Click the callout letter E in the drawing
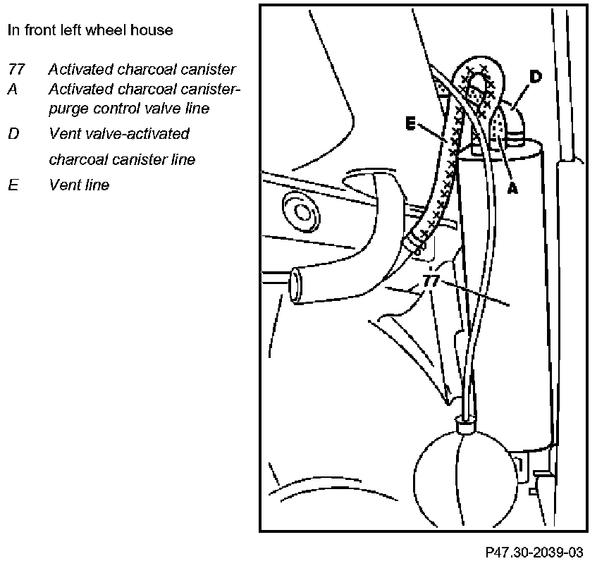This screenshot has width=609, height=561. [x=411, y=123]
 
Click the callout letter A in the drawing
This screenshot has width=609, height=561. [x=512, y=188]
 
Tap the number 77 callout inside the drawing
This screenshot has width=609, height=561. [x=431, y=281]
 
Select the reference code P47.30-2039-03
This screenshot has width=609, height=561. [x=534, y=549]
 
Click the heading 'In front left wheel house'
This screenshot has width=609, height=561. [x=90, y=30]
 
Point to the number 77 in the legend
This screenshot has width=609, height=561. [x=16, y=70]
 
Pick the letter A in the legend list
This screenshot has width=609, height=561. [x=12, y=90]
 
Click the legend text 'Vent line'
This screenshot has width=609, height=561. [x=79, y=185]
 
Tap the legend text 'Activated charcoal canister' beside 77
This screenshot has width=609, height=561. [x=142, y=70]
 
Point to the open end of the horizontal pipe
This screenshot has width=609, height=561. [x=297, y=285]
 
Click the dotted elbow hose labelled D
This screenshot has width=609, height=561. [x=512, y=116]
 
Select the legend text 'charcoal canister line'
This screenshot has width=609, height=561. [x=122, y=160]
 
